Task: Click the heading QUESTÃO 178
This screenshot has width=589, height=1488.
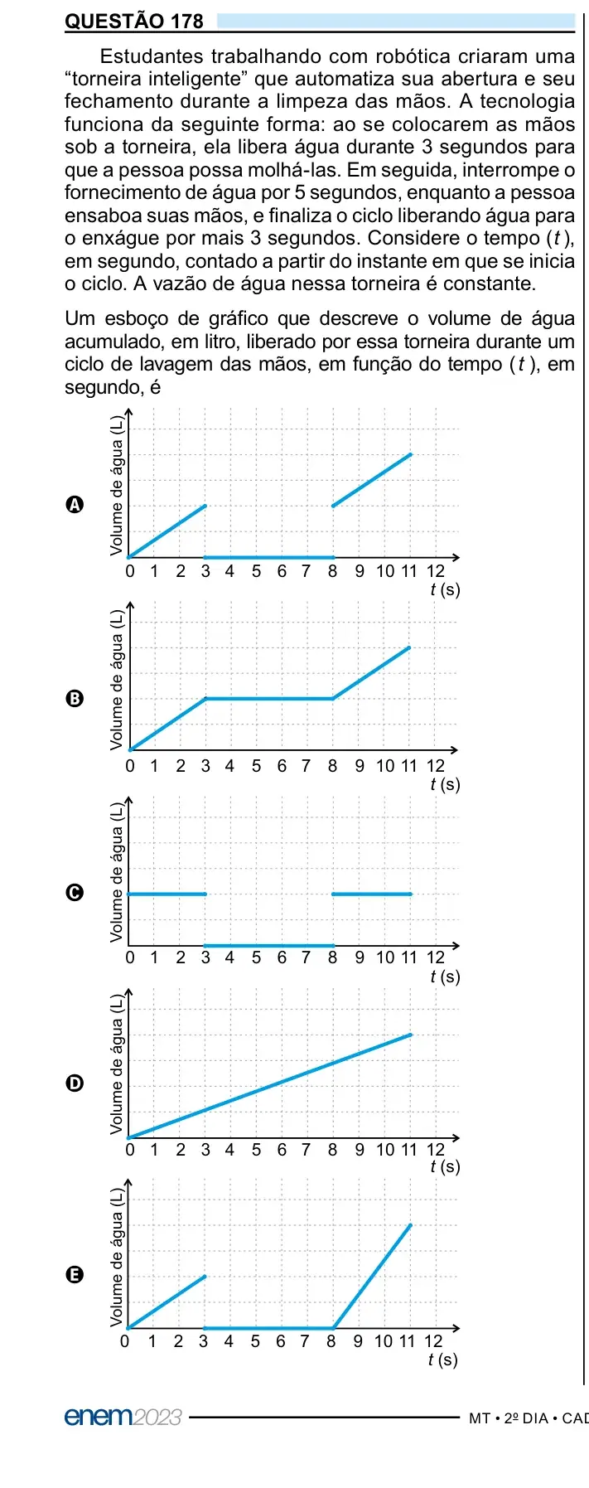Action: [133, 22]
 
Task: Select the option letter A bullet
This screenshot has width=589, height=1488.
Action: [75, 505]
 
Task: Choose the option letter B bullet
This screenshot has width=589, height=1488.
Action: [75, 698]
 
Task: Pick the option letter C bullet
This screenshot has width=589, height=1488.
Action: [75, 892]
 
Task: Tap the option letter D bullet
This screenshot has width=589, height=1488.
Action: [75, 1083]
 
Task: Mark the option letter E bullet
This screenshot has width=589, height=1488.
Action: [75, 1275]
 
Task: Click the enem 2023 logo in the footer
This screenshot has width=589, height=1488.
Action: [123, 1417]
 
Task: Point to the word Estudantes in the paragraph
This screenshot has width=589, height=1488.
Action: [152, 56]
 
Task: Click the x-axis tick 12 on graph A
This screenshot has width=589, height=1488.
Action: [436, 571]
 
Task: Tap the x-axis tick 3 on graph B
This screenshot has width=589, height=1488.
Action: [205, 766]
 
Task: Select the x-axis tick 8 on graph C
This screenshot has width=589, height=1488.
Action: [332, 957]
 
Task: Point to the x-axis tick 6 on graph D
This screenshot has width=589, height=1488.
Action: [282, 1150]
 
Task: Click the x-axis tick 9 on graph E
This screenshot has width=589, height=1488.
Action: [358, 1341]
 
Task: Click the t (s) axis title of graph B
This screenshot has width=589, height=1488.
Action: [445, 784]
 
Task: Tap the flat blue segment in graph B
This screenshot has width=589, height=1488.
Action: [269, 699]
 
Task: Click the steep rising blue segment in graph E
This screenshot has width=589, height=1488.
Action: [371, 1277]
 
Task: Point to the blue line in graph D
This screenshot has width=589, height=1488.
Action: [270, 1086]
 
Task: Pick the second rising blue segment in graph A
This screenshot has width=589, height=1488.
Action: [372, 480]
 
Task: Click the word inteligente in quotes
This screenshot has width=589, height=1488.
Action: [195, 80]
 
